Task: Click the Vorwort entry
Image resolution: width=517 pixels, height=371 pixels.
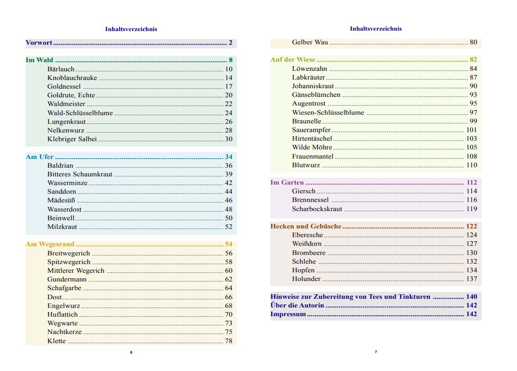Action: pyautogui.click(x=39, y=43)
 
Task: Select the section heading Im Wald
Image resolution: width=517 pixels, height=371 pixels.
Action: pyautogui.click(x=39, y=60)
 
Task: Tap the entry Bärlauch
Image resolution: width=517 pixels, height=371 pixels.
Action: pyautogui.click(x=61, y=69)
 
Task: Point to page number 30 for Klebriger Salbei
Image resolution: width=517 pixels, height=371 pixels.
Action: pyautogui.click(x=229, y=139)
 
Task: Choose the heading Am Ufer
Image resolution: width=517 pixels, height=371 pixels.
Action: pyautogui.click(x=40, y=157)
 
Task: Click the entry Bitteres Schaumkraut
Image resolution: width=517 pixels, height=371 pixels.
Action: pyautogui.click(x=79, y=174)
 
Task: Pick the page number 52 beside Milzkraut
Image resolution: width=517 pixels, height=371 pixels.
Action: pyautogui.click(x=229, y=227)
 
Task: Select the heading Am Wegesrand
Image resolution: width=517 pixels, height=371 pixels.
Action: pyautogui.click(x=50, y=244)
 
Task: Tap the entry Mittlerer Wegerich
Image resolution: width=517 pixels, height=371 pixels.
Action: pyautogui.click(x=76, y=270)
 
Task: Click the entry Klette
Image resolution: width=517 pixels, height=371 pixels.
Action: pyautogui.click(x=57, y=341)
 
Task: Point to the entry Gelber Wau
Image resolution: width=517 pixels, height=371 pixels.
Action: pyautogui.click(x=309, y=42)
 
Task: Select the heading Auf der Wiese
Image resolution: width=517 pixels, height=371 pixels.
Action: pyautogui.click(x=293, y=60)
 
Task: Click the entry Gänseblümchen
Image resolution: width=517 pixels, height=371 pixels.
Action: pyautogui.click(x=316, y=95)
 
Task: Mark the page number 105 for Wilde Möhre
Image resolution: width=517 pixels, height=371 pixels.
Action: pyautogui.click(x=471, y=147)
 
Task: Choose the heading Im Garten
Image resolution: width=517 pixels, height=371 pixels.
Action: pyautogui.click(x=287, y=182)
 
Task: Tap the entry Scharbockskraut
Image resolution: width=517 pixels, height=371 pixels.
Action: pyautogui.click(x=317, y=209)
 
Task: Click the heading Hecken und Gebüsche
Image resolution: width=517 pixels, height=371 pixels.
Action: pyautogui.click(x=306, y=226)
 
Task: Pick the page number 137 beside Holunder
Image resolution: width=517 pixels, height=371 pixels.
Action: pyautogui.click(x=471, y=279)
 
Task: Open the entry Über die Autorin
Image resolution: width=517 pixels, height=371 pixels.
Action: pyautogui.click(x=297, y=305)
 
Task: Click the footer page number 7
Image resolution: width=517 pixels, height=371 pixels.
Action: pyautogui.click(x=376, y=352)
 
